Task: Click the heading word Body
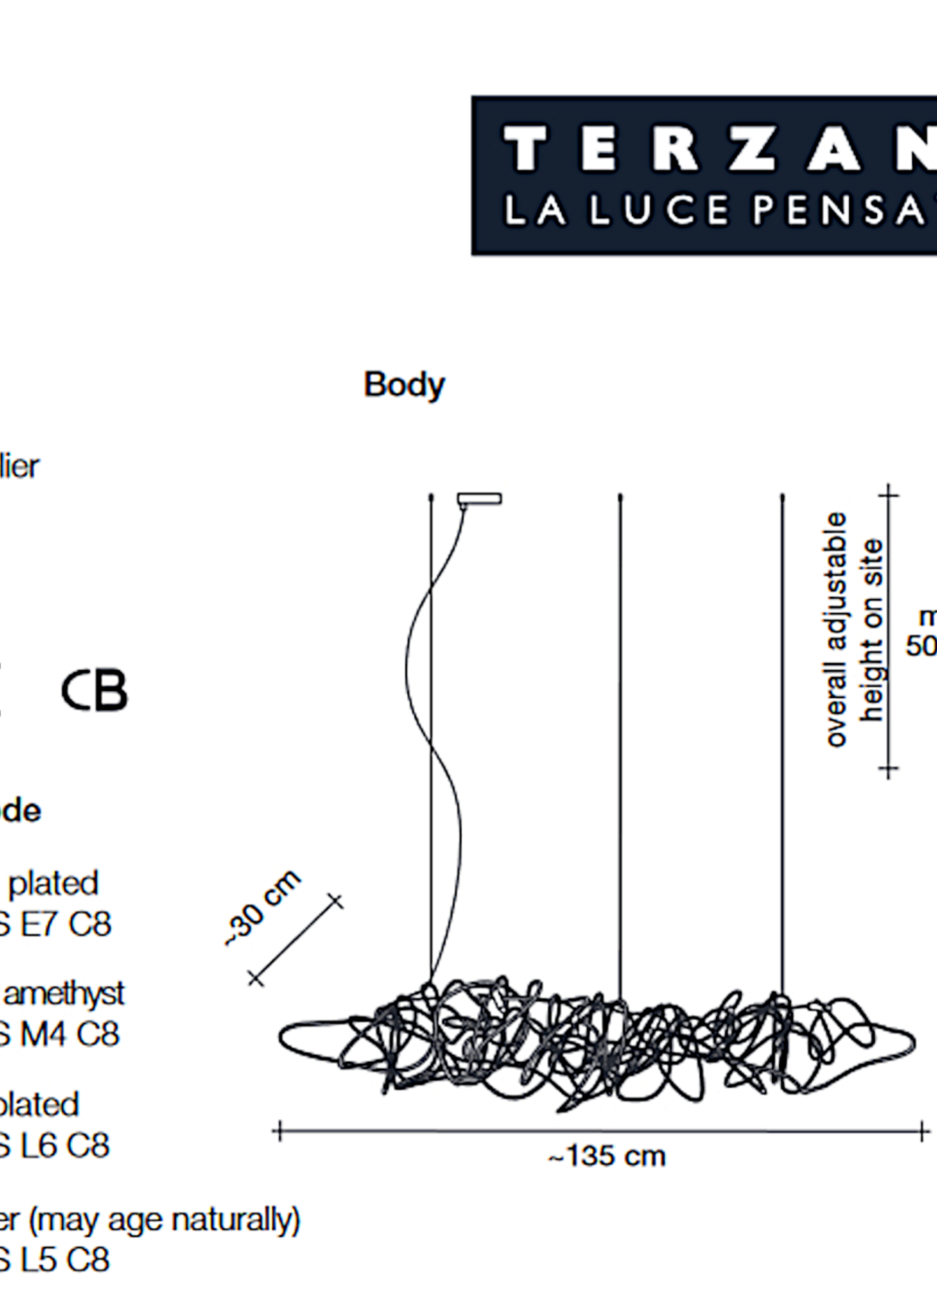(x=404, y=385)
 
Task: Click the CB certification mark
(x=95, y=690)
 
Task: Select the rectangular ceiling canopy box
(x=479, y=499)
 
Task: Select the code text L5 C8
(x=64, y=1259)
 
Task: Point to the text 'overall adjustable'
(x=836, y=630)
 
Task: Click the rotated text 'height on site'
(x=872, y=630)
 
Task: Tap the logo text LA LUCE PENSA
(x=715, y=210)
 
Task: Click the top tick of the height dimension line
(x=889, y=494)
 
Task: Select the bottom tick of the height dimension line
(x=889, y=769)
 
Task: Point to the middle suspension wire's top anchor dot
(x=621, y=496)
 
